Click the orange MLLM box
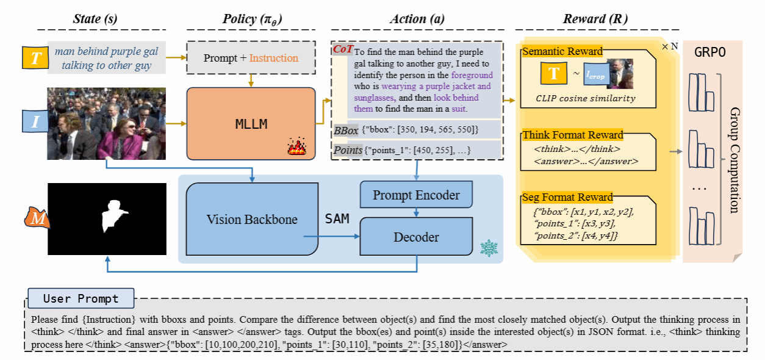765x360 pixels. click(251, 124)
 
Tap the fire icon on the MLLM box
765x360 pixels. click(296, 148)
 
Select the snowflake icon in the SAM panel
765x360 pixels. click(489, 248)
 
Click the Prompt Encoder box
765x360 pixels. click(416, 195)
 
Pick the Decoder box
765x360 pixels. click(416, 237)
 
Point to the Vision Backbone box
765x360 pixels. click(252, 219)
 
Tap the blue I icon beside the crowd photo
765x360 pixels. click(35, 121)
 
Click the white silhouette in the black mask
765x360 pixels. click(110, 215)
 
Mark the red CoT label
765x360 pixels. click(342, 49)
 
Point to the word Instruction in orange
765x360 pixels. click(274, 58)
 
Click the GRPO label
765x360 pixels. click(711, 52)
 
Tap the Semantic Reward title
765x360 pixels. click(562, 51)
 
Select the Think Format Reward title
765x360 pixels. click(573, 135)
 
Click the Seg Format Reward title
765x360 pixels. click(567, 197)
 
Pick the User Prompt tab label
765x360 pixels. click(81, 299)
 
